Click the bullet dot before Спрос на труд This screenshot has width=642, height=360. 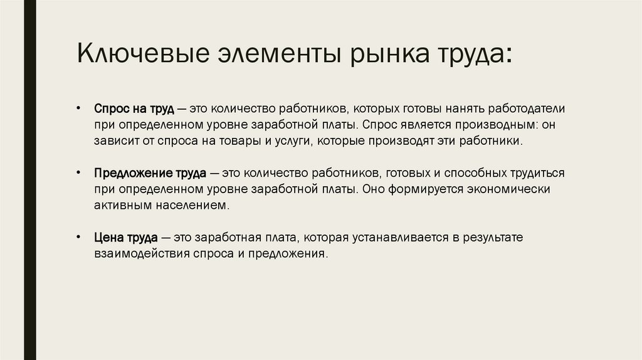(x=78, y=108)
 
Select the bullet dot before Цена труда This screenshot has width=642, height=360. (x=78, y=236)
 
